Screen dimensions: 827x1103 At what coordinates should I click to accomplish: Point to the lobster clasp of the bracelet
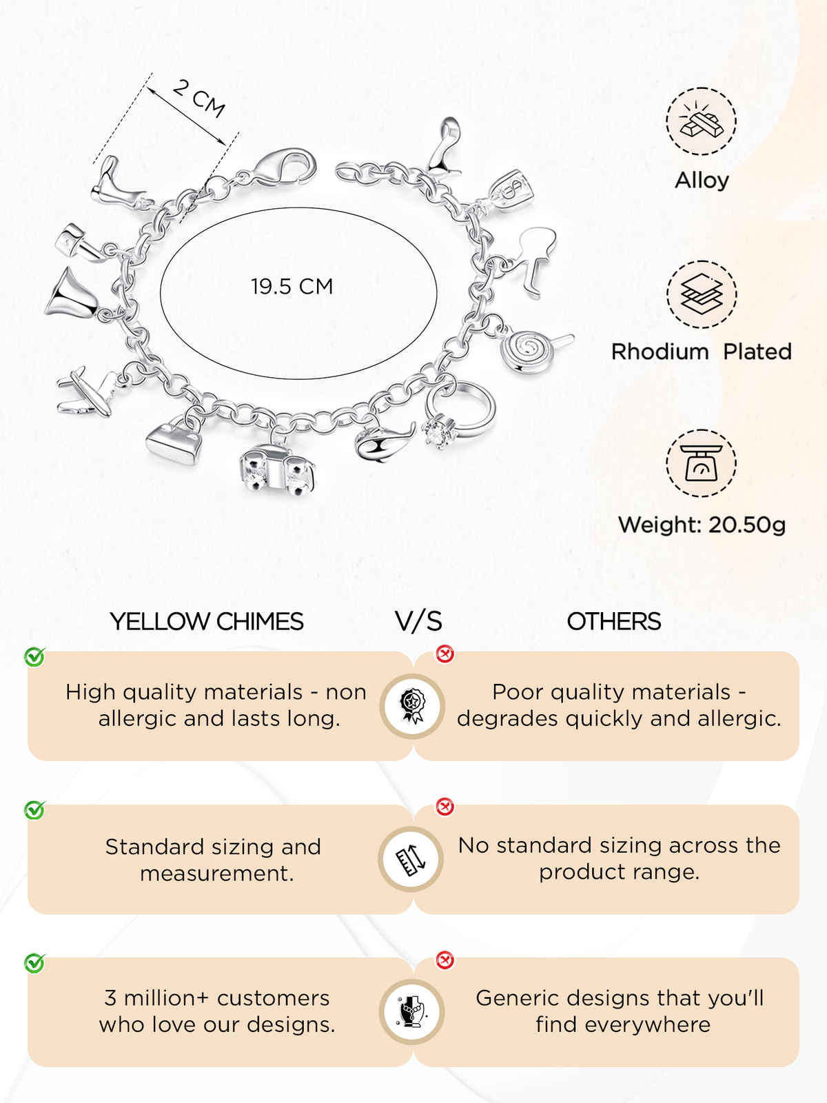[x=284, y=166]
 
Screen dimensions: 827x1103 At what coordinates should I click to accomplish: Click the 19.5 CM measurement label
[x=292, y=286]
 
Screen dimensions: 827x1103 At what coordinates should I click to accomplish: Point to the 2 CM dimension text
[x=198, y=99]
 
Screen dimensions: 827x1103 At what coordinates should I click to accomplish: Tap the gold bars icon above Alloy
[x=701, y=121]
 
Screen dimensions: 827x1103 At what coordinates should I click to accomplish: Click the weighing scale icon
[x=701, y=463]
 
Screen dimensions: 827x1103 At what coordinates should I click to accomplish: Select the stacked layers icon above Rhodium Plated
[x=702, y=294]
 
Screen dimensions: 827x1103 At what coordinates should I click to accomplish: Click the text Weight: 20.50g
[x=702, y=525]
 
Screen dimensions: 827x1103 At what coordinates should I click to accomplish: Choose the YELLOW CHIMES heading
[x=206, y=622]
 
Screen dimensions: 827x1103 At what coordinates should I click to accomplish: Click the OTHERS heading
[x=613, y=622]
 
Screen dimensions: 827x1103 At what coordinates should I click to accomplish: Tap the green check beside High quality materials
[x=34, y=657]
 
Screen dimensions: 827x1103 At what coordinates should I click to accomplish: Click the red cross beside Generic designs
[x=445, y=960]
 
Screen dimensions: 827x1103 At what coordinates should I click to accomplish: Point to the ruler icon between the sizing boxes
[x=411, y=859]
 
